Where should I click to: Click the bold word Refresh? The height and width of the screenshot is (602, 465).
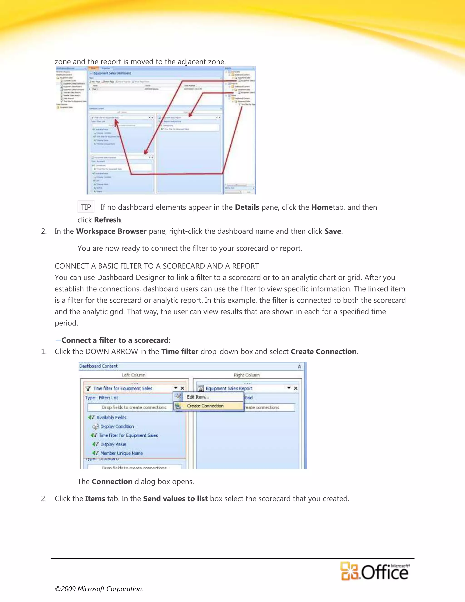tap(107, 220)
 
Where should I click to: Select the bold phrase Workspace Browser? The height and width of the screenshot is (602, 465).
tap(111, 231)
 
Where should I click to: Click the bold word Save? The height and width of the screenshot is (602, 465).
tap(333, 231)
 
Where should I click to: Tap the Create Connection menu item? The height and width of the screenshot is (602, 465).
tap(205, 406)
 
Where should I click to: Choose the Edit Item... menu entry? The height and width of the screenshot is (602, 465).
tap(198, 397)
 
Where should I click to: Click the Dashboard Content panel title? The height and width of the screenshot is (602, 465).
tap(98, 366)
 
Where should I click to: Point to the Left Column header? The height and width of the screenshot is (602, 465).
tap(134, 375)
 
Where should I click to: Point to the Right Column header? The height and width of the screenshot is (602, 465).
tap(247, 375)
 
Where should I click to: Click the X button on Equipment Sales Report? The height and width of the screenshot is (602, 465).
tap(296, 388)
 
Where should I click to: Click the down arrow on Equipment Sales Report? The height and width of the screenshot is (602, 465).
tap(289, 388)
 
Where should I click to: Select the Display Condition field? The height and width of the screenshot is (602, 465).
tap(117, 426)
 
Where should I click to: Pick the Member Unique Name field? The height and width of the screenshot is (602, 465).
tap(121, 453)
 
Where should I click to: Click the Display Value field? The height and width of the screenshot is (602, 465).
tap(113, 444)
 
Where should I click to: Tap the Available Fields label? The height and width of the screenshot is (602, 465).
tap(111, 418)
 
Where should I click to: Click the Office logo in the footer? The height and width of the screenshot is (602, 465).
tap(375, 571)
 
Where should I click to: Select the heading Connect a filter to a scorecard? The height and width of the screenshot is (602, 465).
tap(116, 341)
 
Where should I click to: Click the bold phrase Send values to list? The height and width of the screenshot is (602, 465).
tap(175, 499)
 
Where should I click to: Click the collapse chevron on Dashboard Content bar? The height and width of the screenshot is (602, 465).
tap(299, 366)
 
